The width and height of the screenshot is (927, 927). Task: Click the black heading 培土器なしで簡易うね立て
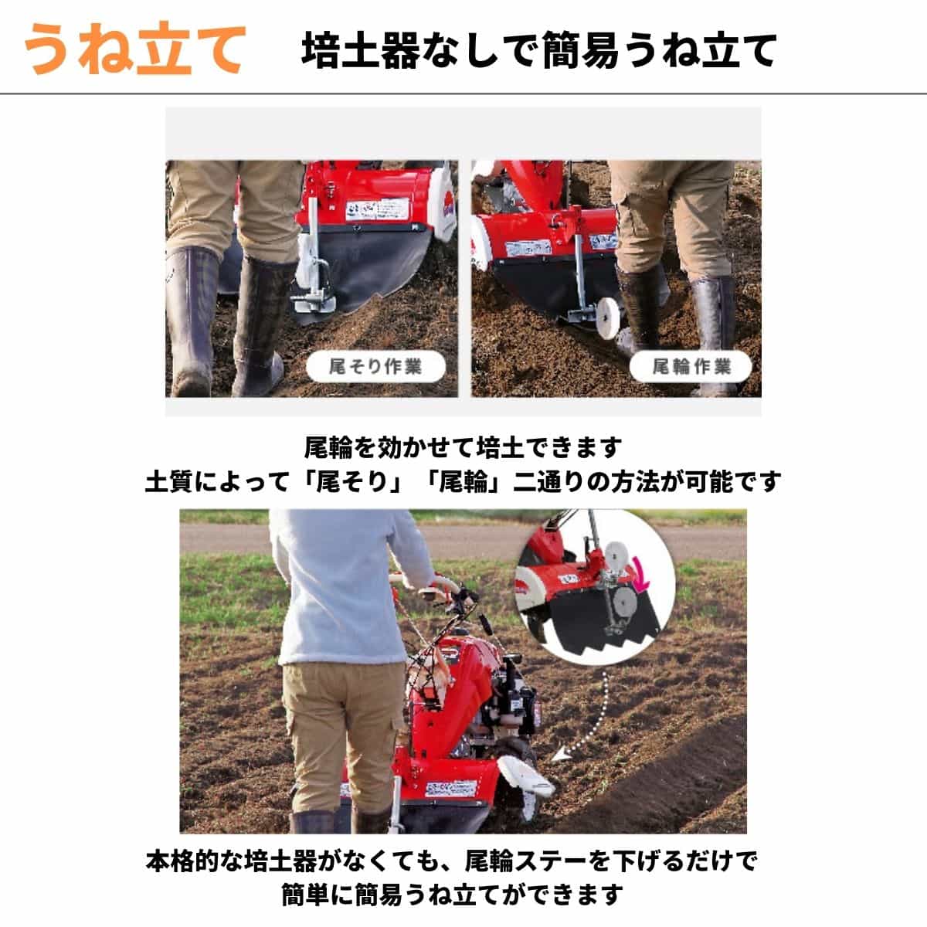tap(538, 51)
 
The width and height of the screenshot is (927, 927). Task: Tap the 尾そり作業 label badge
tap(375, 366)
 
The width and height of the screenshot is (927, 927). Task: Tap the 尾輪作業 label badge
tap(691, 366)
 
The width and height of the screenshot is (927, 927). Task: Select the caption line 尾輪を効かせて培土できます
tap(463, 447)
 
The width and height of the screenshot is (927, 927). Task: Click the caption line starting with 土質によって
tap(463, 482)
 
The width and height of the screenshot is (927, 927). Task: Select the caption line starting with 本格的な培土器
tap(452, 860)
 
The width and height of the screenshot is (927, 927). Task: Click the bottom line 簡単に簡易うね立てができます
tap(452, 895)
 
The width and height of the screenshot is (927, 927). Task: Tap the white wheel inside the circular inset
tap(619, 555)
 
